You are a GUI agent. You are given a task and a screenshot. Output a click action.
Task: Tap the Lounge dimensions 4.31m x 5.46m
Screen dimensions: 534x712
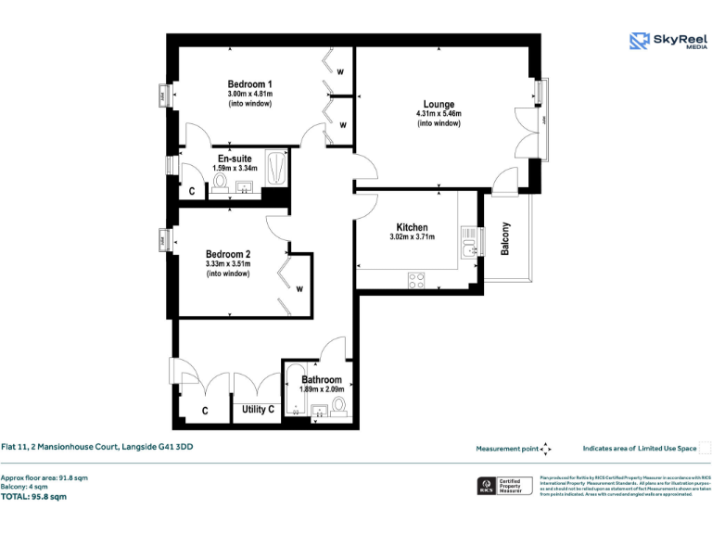[439, 114]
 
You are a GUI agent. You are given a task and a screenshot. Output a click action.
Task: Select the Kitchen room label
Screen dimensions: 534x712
[412, 227]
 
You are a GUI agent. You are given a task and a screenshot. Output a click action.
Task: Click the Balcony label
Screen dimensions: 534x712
[505, 238]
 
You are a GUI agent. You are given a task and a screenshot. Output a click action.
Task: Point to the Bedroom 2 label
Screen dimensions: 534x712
[228, 254]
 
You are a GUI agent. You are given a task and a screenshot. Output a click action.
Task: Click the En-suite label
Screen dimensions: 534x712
[235, 159]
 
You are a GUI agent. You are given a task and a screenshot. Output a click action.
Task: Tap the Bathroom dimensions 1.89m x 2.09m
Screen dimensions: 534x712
[322, 389]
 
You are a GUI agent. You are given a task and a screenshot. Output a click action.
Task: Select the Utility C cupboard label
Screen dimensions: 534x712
[258, 409]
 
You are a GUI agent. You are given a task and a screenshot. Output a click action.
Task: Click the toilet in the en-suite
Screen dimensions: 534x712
[221, 182]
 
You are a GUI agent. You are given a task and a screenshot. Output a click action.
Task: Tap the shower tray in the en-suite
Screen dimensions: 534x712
[276, 170]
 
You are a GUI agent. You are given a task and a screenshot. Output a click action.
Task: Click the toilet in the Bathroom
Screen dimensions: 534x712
[337, 404]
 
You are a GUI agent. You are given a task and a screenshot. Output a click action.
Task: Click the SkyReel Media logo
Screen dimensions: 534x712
[666, 41]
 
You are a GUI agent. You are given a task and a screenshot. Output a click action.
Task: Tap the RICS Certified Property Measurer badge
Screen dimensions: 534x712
[504, 486]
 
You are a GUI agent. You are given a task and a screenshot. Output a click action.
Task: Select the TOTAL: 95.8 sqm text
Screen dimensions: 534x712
[33, 497]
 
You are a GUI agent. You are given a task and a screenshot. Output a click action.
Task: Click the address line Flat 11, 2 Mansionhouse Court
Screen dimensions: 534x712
[96, 447]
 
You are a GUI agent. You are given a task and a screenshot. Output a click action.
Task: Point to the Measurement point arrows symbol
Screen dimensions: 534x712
[546, 449]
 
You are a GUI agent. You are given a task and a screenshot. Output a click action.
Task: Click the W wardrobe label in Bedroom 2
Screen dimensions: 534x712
[299, 288]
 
